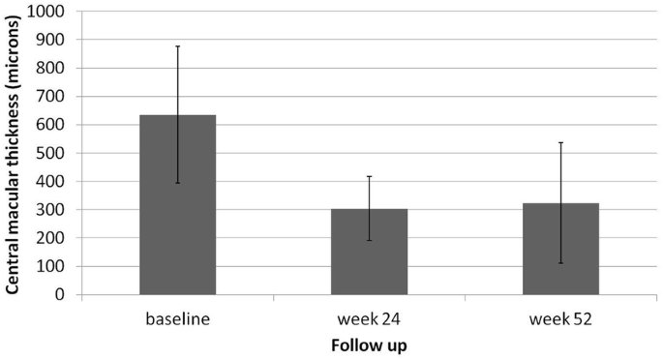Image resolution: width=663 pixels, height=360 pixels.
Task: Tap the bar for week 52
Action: pyautogui.click(x=560, y=254)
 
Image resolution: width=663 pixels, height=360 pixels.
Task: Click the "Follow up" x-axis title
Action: pyautogui.click(x=369, y=344)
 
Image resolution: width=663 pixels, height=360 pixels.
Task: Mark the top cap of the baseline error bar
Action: pyautogui.click(x=177, y=46)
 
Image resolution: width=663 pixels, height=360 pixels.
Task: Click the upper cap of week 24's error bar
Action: pyautogui.click(x=369, y=176)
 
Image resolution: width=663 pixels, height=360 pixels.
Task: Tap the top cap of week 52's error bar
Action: pyautogui.click(x=560, y=142)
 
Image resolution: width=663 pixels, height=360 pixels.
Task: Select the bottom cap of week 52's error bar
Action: pyautogui.click(x=560, y=263)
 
